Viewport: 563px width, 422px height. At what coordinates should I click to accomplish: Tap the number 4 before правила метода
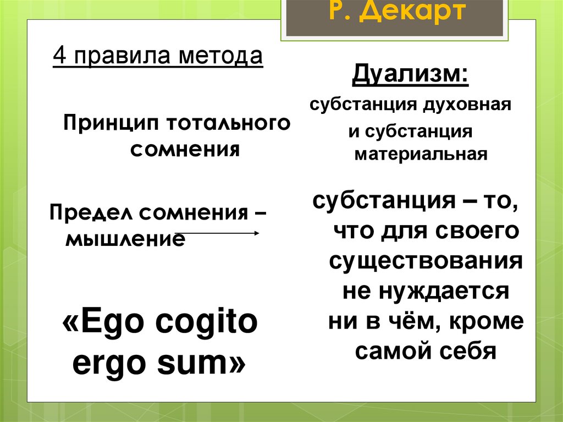(x=58, y=56)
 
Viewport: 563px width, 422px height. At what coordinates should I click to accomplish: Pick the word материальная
(x=421, y=154)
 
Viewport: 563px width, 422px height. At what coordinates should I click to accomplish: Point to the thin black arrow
(x=217, y=233)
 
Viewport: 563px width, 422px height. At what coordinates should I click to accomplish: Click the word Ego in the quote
(x=113, y=325)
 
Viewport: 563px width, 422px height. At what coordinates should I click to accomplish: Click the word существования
(x=426, y=260)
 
